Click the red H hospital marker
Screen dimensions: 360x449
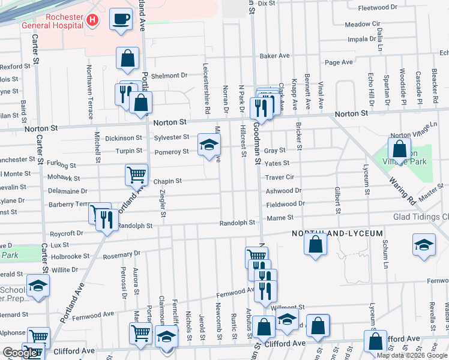(92, 20)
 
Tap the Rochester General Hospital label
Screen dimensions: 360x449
(52, 21)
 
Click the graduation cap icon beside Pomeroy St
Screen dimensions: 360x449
(209, 145)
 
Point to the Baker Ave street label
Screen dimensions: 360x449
(274, 56)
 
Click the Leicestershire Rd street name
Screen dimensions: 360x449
(206, 89)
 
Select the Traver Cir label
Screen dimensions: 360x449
(280, 178)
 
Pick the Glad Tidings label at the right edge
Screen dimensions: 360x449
(420, 217)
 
